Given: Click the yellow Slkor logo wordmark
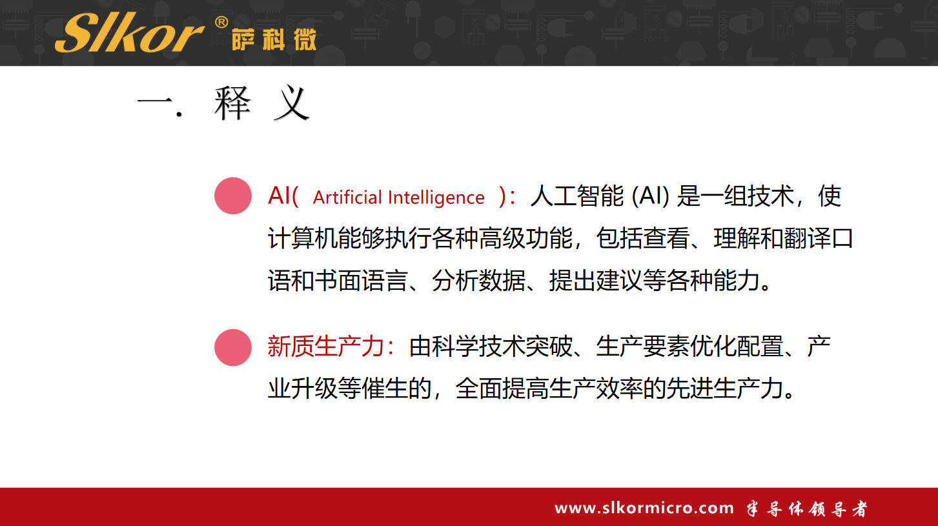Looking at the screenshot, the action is [130, 32].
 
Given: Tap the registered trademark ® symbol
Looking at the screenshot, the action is [221, 22].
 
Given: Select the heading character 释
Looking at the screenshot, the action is [232, 103].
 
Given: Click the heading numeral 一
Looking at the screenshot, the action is [154, 102].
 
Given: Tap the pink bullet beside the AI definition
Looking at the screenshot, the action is [233, 196].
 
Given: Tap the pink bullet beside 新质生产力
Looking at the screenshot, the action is [233, 348].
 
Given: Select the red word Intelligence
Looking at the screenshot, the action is [436, 197].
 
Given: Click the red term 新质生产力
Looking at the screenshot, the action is [326, 347].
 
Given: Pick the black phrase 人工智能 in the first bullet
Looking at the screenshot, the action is [576, 196].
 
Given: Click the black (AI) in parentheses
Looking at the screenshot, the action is [650, 196].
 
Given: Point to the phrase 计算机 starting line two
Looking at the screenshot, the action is [303, 238].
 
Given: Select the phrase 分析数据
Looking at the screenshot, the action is [478, 281].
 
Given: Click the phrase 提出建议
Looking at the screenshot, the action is [596, 281].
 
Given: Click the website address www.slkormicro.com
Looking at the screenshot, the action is [644, 508].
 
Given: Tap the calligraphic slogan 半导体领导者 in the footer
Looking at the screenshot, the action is [807, 509].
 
